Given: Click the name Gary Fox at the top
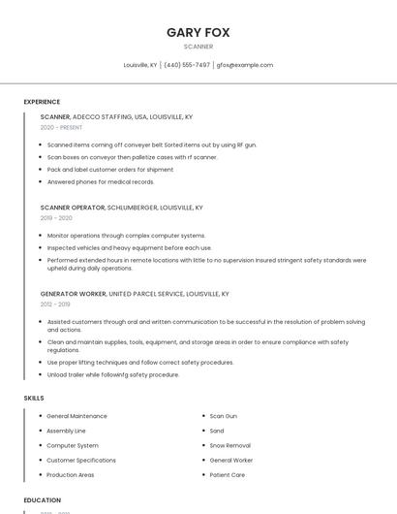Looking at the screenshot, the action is click(198, 32).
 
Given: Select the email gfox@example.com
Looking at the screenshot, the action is click(245, 65).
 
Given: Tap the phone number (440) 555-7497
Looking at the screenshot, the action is click(187, 65).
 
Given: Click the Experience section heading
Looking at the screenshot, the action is click(42, 102).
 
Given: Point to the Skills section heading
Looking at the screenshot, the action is click(34, 398).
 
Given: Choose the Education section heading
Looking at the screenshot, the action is click(43, 500).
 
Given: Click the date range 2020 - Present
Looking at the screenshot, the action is click(61, 127).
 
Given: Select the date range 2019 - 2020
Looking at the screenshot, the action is click(56, 218).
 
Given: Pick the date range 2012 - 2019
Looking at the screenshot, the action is click(55, 304).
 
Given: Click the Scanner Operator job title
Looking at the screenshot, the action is click(73, 208).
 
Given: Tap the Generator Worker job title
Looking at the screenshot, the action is click(74, 293).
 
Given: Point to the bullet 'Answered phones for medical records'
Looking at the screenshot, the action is click(101, 181).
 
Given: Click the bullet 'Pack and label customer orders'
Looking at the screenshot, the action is click(110, 169).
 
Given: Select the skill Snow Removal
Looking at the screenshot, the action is click(230, 445).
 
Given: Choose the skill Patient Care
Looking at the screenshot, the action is click(228, 475).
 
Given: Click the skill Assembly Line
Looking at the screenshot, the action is click(66, 431).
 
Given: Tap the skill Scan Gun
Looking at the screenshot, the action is click(224, 416).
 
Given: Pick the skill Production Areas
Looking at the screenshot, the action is click(71, 475).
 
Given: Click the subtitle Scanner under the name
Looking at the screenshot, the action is click(198, 47).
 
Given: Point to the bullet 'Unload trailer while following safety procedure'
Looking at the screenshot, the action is click(113, 374).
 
